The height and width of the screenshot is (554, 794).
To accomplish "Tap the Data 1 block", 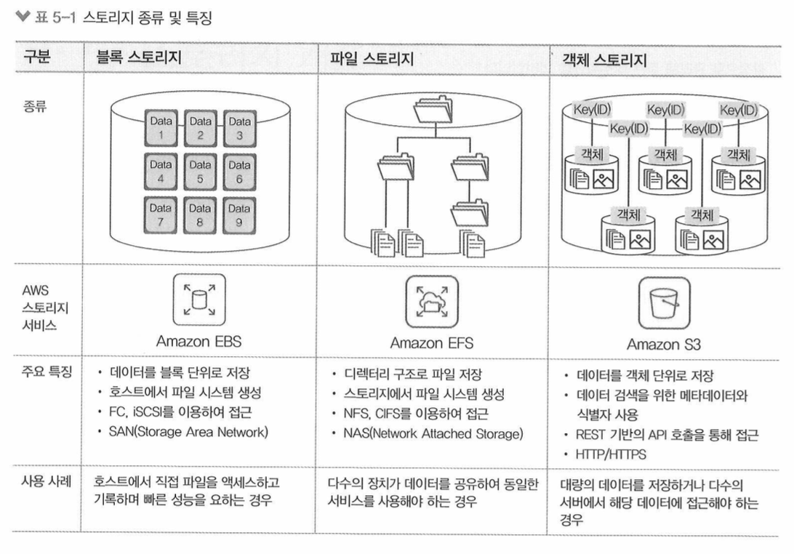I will coord(161,129).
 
